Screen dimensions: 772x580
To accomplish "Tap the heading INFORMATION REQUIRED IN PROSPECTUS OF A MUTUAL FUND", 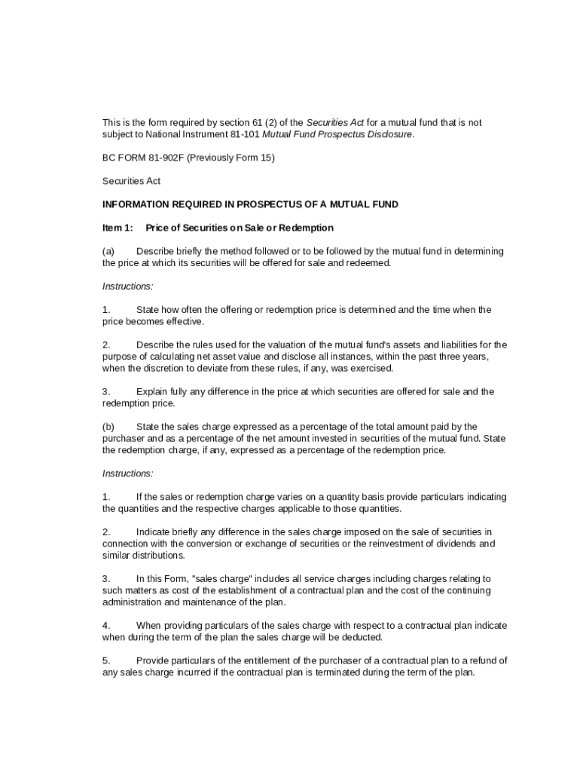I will click(x=250, y=204).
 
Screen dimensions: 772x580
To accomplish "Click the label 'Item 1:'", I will click(x=118, y=228).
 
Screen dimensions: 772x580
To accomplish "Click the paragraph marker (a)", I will click(x=108, y=251).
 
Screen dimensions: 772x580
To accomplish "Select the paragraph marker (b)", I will click(x=108, y=427).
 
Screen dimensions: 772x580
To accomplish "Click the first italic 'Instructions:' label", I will click(x=128, y=286).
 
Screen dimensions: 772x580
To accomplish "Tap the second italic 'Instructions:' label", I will click(x=128, y=473).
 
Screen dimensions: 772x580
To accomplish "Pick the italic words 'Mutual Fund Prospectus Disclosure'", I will click(x=337, y=134).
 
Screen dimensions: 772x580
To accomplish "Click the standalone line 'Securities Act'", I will click(x=131, y=181).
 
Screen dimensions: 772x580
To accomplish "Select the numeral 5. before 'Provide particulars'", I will click(x=106, y=660).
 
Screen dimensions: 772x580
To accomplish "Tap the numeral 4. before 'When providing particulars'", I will click(x=106, y=625).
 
